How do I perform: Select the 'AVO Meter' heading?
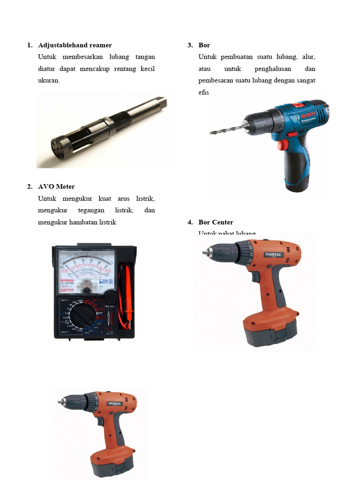56,187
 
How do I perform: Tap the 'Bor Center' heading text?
216,222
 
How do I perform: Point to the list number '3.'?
190,45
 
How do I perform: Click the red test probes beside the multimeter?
125,295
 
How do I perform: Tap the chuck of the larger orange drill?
221,253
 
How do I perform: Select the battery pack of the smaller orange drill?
112,462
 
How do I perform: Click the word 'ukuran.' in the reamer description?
49,81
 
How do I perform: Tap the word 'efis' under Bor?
203,92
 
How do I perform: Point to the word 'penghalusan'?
274,69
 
